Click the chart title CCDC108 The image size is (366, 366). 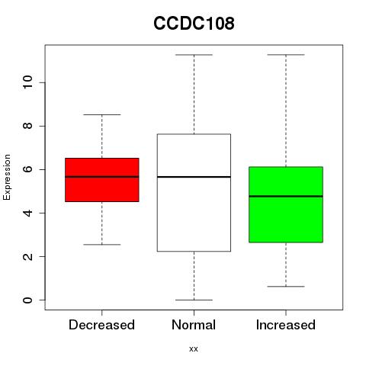click(x=194, y=23)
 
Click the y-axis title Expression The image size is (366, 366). click(x=7, y=177)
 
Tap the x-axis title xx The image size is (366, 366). click(x=194, y=348)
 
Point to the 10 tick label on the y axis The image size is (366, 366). click(x=27, y=82)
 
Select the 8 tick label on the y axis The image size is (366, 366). click(x=27, y=126)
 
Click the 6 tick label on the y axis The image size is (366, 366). click(x=27, y=169)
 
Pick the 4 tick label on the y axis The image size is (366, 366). click(x=27, y=213)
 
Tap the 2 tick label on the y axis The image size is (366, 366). click(x=27, y=256)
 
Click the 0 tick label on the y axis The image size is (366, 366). click(x=27, y=300)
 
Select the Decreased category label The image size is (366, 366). click(x=101, y=325)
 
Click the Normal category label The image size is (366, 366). click(x=194, y=325)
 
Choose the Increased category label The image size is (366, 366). click(x=286, y=325)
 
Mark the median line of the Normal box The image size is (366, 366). click(x=194, y=177)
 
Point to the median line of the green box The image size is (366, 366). click(x=286, y=196)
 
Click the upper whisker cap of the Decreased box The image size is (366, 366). click(x=102, y=114)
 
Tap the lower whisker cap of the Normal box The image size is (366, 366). click(x=194, y=300)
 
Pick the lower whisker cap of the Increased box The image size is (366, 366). click(x=286, y=287)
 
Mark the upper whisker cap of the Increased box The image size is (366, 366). click(x=286, y=55)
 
